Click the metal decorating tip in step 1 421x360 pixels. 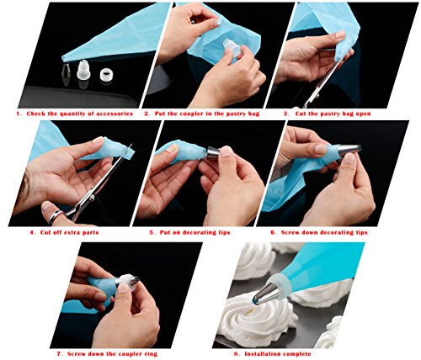coord(66,71)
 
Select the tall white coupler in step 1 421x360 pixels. coord(83,70)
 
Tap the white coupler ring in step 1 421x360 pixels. coord(106,74)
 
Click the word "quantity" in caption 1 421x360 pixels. coord(72,114)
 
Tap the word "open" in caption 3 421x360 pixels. coord(363,114)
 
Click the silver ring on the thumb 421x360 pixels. coord(56,216)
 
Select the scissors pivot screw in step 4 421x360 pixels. coord(92,198)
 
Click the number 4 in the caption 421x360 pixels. coord(32,232)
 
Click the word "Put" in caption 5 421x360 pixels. coord(166,232)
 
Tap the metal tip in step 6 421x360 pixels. coord(349,150)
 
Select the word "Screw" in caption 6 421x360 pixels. coord(290,232)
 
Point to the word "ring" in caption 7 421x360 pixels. coord(151,354)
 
